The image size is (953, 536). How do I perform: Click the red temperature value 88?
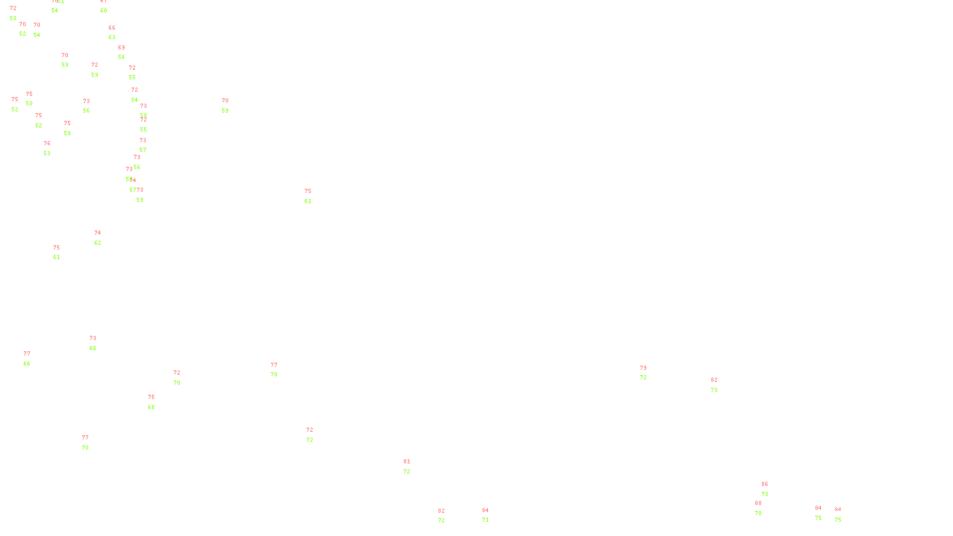[758, 503]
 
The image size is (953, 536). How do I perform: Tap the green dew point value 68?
[151, 407]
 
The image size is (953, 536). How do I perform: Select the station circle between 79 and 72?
[649, 373]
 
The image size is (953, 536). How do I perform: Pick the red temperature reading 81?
[407, 462]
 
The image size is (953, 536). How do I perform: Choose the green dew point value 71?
[485, 520]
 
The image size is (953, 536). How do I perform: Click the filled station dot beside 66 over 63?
[118, 33]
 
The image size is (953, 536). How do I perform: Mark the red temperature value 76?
[47, 144]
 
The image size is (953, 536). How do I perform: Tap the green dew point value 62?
[98, 243]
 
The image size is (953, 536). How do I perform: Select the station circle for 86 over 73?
[770, 489]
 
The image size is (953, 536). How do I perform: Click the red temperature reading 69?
[122, 48]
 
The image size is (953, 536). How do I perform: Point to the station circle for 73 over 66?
[99, 344]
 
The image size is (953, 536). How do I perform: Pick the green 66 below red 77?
[27, 364]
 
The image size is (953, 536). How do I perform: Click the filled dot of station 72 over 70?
[183, 378]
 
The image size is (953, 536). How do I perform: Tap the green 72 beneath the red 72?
[310, 440]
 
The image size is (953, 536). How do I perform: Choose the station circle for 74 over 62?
[103, 238]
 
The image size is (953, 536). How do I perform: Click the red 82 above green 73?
[714, 380]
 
